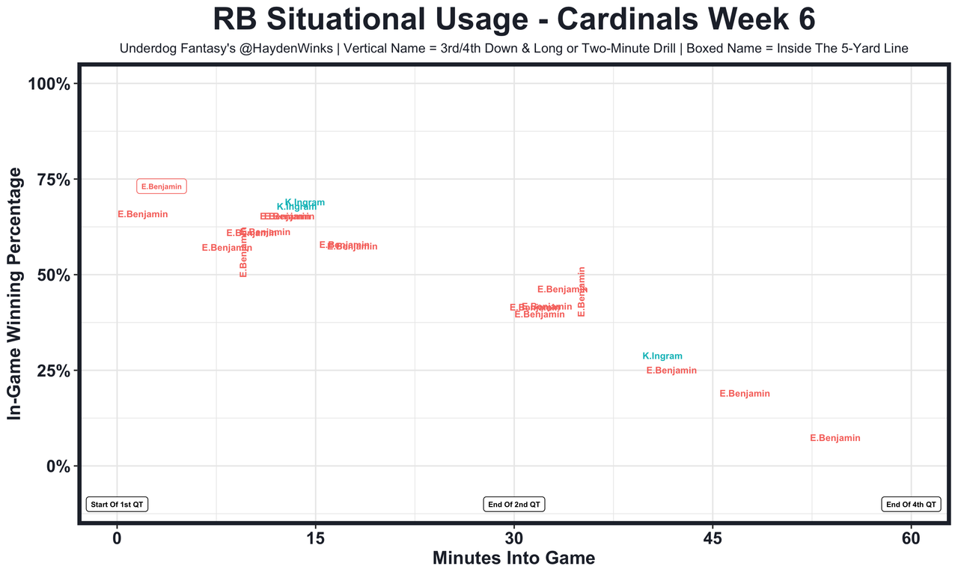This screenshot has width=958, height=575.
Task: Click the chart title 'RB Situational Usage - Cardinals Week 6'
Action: point(513,19)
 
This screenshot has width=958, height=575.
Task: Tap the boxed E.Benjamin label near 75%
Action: point(162,186)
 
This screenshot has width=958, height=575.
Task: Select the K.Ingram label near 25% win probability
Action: point(662,356)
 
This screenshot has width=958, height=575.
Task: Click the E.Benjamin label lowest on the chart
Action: point(835,438)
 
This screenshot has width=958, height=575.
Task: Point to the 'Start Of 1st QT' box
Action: point(118,505)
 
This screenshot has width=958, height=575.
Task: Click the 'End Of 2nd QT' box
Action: point(514,505)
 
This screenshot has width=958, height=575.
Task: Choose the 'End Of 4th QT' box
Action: point(911,505)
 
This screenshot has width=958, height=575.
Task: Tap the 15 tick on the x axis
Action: point(315,538)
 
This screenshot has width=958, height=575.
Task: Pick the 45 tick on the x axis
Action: point(713,538)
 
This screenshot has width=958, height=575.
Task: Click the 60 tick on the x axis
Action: point(911,538)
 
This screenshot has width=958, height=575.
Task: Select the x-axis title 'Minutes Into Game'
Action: point(514,559)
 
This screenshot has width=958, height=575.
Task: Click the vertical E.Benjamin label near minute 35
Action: point(582,292)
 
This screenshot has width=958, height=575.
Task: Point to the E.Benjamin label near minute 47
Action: point(745,394)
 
